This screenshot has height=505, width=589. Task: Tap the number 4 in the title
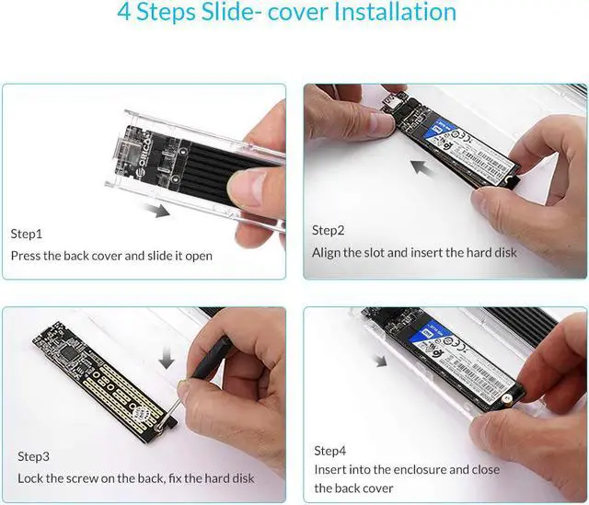pos(127,13)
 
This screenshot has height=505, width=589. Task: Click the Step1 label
pos(26,234)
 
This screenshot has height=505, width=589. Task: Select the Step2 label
pos(328,230)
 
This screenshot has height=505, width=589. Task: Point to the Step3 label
pos(33,456)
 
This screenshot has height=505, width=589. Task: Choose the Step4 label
pos(329,451)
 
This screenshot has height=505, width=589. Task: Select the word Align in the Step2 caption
pos(329,252)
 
